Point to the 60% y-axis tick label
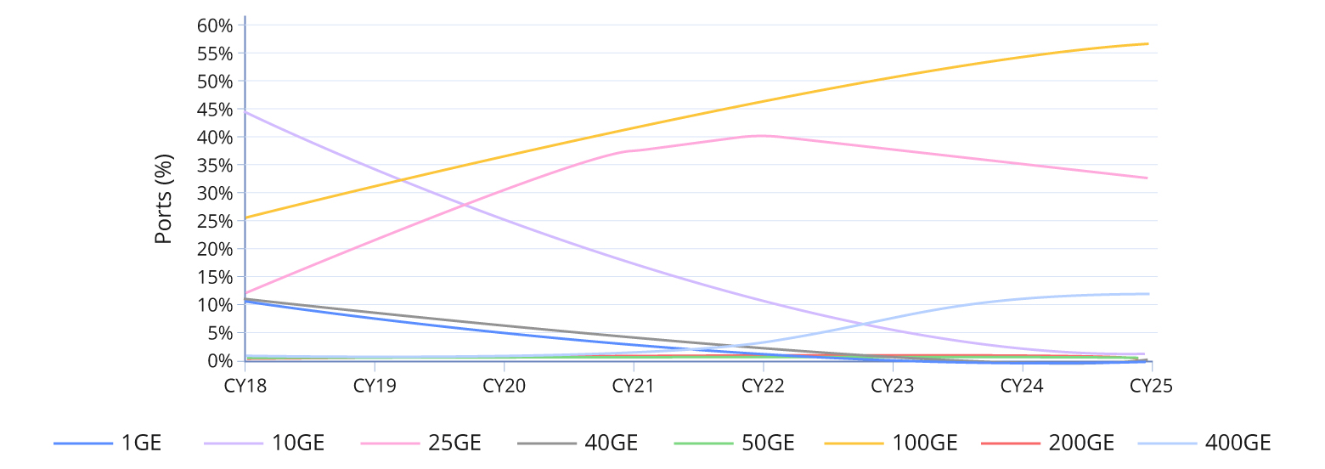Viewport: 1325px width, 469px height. click(214, 25)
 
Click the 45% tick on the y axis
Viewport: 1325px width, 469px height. click(214, 110)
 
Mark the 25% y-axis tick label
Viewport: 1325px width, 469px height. click(214, 221)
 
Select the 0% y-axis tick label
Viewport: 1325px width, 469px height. click(219, 361)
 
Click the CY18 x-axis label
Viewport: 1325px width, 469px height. click(245, 386)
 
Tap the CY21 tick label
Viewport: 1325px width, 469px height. click(634, 386)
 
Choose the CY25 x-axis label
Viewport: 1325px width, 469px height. click(1151, 386)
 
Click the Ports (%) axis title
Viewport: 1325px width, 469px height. click(164, 199)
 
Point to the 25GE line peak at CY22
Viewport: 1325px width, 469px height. click(763, 135)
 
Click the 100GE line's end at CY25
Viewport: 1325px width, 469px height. click(1147, 43)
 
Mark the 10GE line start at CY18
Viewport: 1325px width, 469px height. click(245, 112)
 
